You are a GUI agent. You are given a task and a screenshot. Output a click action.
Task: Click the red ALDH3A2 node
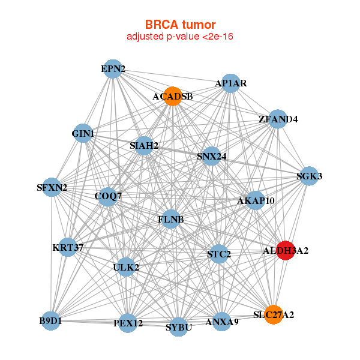(285, 250)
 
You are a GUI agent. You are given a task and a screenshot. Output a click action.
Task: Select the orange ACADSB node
(173, 97)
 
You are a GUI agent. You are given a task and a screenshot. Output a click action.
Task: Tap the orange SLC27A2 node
(274, 314)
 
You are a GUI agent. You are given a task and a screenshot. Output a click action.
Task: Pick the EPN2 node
(113, 69)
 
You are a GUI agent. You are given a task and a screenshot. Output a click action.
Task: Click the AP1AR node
(231, 83)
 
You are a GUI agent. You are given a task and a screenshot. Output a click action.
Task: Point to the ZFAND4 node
(277, 119)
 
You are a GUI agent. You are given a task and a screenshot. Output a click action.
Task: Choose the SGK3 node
(309, 176)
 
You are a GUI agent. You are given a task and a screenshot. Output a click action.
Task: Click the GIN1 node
(83, 133)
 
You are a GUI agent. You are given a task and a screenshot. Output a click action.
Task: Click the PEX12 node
(128, 323)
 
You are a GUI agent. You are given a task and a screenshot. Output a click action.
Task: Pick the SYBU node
(178, 327)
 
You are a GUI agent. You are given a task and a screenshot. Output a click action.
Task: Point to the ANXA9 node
(222, 322)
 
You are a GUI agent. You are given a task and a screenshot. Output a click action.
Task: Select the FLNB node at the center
(170, 220)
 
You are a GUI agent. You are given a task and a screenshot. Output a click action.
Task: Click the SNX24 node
(211, 157)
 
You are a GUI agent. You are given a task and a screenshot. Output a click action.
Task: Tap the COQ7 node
(108, 196)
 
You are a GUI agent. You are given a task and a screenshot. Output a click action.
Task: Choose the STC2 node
(218, 254)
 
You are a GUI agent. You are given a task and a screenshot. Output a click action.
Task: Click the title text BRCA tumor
(179, 25)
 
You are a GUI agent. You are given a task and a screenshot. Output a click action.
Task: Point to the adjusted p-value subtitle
(179, 37)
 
